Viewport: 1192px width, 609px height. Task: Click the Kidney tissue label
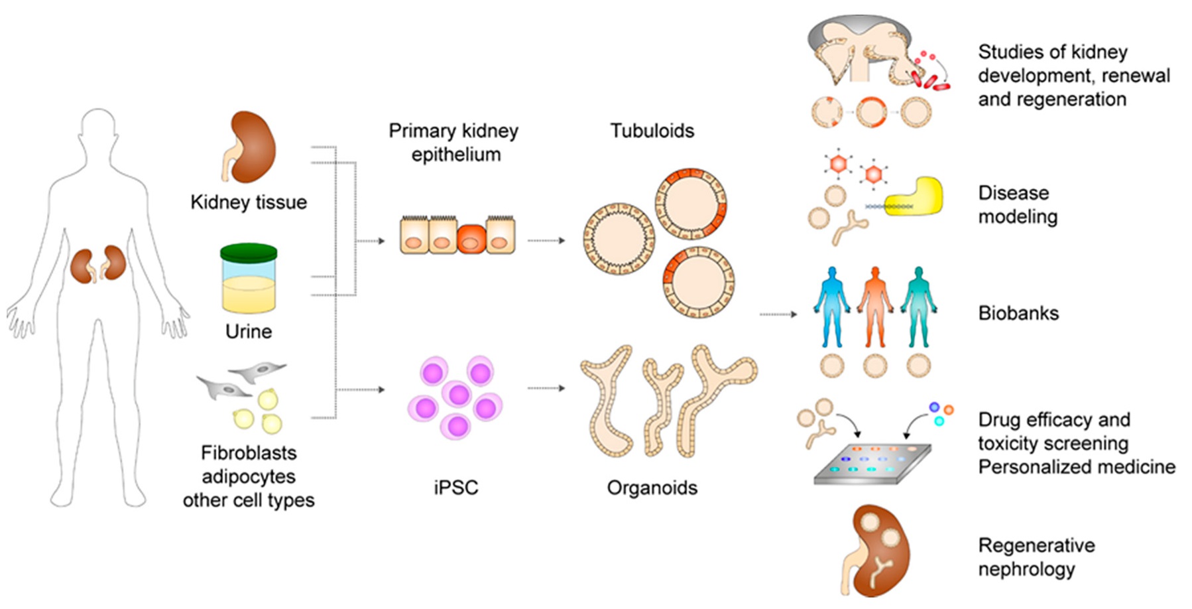coord(249,202)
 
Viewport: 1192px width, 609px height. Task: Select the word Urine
coord(249,331)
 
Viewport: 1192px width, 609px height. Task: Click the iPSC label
coord(455,488)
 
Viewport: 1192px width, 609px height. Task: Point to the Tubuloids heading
coord(652,131)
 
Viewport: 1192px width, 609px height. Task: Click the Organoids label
coord(652,488)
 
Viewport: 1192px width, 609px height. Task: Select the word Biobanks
coord(1018,313)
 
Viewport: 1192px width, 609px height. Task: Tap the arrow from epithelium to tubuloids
coord(546,240)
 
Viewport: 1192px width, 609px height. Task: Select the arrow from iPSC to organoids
coord(546,388)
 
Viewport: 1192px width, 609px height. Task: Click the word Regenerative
coord(1036,545)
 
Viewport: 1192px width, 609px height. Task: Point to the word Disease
coord(1014,193)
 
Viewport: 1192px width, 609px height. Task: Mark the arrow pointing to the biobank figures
coord(778,314)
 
